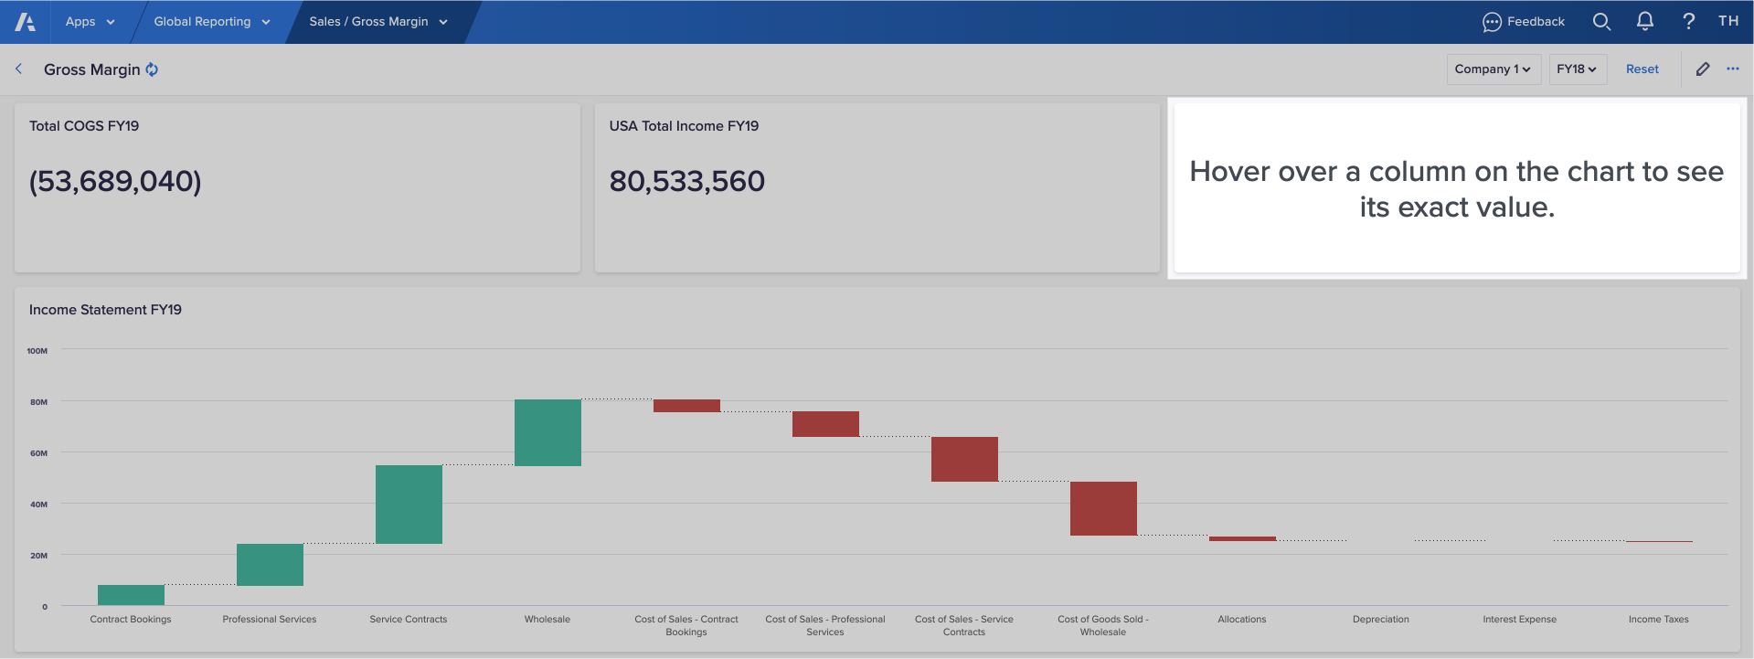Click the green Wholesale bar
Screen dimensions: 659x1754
coord(547,432)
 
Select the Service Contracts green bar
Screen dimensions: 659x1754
coord(409,505)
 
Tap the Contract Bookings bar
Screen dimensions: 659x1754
coord(131,595)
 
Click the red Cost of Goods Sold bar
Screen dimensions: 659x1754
coord(1103,508)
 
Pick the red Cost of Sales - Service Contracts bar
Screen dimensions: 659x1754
coord(964,459)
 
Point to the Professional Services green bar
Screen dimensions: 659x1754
coord(270,565)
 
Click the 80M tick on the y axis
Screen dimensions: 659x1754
coord(38,402)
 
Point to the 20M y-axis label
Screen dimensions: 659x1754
coord(38,556)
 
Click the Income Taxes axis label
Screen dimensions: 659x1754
coord(1658,620)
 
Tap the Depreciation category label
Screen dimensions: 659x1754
coord(1380,620)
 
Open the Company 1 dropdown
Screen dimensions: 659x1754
coord(1493,69)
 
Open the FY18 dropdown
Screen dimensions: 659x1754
coord(1577,69)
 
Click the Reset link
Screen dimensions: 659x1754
coord(1642,69)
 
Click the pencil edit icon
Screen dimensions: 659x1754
coord(1702,69)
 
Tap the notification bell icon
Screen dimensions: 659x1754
coord(1644,21)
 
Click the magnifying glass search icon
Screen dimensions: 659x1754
coord(1601,21)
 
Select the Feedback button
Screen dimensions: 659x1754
coord(1524,22)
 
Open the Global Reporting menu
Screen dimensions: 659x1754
coord(211,22)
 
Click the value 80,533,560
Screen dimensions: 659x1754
coord(686,181)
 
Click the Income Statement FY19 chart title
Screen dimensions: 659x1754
coord(105,310)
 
